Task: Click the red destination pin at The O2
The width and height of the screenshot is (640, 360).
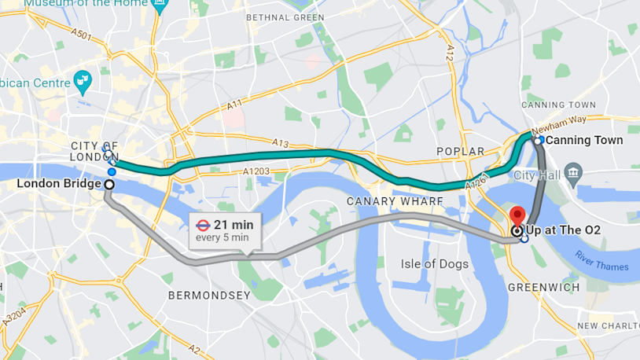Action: pos(517,215)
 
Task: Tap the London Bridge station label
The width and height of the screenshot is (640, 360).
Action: pos(59,184)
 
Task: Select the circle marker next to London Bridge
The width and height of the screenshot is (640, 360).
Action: pos(109,184)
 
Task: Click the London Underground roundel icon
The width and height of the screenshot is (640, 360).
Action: pos(203,224)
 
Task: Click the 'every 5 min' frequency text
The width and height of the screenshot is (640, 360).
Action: pos(223,237)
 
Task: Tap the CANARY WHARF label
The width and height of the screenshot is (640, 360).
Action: pos(395,202)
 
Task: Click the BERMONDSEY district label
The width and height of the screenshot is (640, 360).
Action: pos(209,296)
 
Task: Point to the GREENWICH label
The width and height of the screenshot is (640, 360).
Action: pos(544,288)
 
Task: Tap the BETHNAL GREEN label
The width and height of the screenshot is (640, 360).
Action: pos(285,17)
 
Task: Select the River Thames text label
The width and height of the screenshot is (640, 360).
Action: pos(601,261)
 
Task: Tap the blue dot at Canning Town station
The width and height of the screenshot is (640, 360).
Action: pos(540,140)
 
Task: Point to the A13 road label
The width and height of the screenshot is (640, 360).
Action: pos(281,143)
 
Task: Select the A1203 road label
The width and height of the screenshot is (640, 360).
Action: pos(256,171)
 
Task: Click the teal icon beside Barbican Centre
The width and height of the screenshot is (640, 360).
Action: pos(83,79)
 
